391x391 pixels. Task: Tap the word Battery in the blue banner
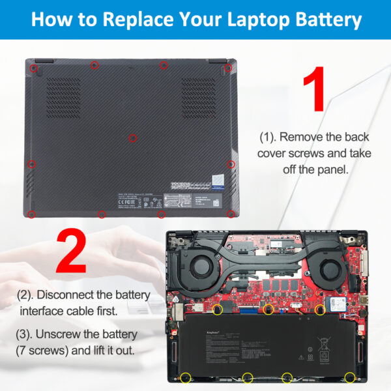(x=323, y=19)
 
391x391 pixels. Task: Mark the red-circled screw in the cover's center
(x=133, y=137)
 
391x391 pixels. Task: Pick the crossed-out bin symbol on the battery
(x=310, y=356)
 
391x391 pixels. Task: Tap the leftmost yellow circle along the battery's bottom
(x=186, y=377)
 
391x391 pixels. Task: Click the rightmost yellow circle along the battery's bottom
(x=350, y=377)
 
